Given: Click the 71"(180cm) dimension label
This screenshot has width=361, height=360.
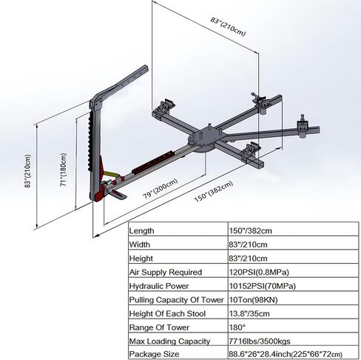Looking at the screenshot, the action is [64, 170].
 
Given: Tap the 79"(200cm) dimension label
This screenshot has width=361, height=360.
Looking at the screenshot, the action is [161, 188].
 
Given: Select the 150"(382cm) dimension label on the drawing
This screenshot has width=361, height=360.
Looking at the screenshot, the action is [214, 192].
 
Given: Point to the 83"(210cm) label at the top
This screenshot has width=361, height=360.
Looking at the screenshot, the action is [228, 26].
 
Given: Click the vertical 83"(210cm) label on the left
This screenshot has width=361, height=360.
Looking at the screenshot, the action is [28, 171].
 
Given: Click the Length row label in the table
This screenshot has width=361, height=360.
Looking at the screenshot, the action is [141, 231].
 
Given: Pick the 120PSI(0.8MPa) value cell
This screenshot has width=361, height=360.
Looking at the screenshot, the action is [259, 272].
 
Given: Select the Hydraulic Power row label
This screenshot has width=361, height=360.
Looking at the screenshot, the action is [159, 286].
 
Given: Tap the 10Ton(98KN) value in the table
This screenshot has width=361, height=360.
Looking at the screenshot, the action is [254, 300].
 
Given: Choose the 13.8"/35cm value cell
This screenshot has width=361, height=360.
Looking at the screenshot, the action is [249, 313].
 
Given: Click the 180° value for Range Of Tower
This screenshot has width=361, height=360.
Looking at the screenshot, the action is [237, 327].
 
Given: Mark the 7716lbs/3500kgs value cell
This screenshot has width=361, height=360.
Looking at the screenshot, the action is [260, 341].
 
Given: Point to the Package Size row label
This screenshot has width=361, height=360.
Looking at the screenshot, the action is [154, 354].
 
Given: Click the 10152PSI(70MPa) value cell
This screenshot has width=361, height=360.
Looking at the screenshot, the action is [263, 286].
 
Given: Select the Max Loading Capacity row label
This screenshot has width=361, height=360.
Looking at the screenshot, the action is [169, 341].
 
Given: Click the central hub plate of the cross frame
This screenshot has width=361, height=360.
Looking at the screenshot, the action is [203, 139].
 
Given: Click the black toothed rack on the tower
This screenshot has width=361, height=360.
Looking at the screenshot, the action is [90, 141].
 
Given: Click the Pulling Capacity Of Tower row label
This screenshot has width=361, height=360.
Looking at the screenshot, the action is [176, 300].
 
